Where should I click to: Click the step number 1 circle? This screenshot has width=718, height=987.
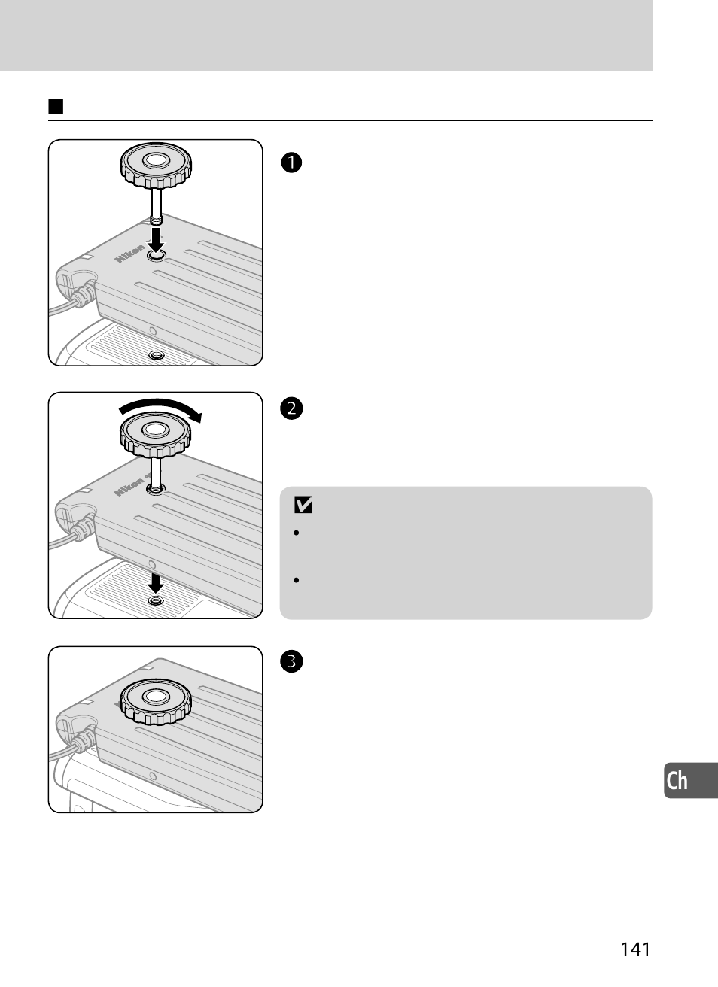point(292,162)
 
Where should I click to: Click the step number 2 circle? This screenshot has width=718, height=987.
point(292,408)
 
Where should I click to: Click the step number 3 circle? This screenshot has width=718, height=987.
point(292,662)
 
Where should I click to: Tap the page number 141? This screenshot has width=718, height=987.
point(635,949)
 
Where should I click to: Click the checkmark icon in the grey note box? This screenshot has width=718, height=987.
point(303,506)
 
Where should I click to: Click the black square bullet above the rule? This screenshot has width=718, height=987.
point(55,105)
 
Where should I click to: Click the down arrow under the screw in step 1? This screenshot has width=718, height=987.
point(157,241)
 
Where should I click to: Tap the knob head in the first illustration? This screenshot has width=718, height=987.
point(156,166)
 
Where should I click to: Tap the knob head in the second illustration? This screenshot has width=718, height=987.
point(156,434)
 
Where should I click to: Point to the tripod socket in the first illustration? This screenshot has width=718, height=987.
point(156,354)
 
